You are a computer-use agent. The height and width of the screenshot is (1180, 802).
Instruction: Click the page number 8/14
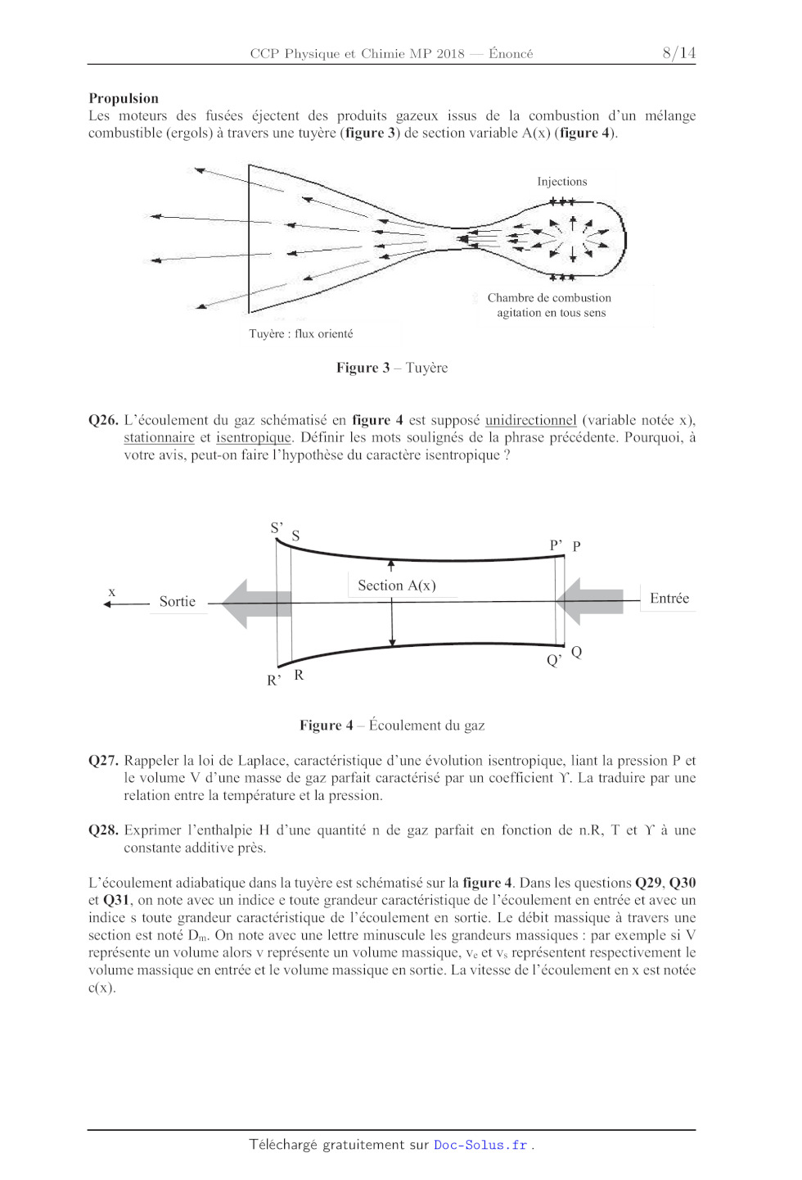click(678, 53)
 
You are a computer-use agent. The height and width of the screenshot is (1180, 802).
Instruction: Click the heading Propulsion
click(124, 98)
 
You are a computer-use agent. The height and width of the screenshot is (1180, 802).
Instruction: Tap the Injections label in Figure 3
click(561, 182)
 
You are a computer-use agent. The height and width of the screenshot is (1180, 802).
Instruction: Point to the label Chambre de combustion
click(549, 298)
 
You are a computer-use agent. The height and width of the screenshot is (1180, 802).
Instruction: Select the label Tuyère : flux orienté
click(301, 334)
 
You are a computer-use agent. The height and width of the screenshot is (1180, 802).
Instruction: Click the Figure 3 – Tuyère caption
click(392, 368)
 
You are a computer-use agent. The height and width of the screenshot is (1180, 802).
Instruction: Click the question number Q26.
click(103, 420)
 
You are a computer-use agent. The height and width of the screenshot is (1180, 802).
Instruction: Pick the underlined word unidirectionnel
click(530, 420)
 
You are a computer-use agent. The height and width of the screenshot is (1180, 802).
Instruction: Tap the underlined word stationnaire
click(159, 437)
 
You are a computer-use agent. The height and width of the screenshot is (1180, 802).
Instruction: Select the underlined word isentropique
click(253, 437)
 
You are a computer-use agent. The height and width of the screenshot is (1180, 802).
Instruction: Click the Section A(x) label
click(397, 585)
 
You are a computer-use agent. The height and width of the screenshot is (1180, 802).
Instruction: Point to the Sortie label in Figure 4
click(178, 602)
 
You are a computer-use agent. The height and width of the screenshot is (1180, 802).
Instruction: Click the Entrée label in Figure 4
click(669, 599)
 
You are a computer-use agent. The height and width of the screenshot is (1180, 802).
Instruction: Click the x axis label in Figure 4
click(112, 592)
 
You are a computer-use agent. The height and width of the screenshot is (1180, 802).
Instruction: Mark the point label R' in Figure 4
click(273, 680)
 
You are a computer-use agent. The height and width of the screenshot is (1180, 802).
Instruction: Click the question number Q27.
click(103, 761)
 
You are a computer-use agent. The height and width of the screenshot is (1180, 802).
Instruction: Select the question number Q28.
click(103, 830)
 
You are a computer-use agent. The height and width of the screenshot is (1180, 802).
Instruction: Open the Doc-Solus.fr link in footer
click(480, 1145)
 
